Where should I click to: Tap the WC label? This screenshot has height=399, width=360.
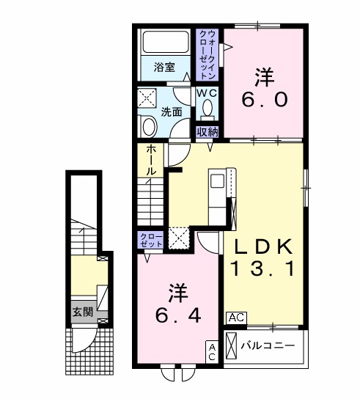[x=206, y=94]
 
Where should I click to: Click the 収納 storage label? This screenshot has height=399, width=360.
[x=207, y=132]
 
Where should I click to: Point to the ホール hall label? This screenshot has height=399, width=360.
[x=150, y=161]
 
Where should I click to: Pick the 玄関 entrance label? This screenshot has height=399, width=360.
[x=81, y=311]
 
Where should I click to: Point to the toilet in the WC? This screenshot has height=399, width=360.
[x=207, y=109]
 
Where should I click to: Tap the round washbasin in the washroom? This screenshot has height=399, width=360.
[x=149, y=127]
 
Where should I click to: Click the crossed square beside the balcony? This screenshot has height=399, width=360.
[x=232, y=345]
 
